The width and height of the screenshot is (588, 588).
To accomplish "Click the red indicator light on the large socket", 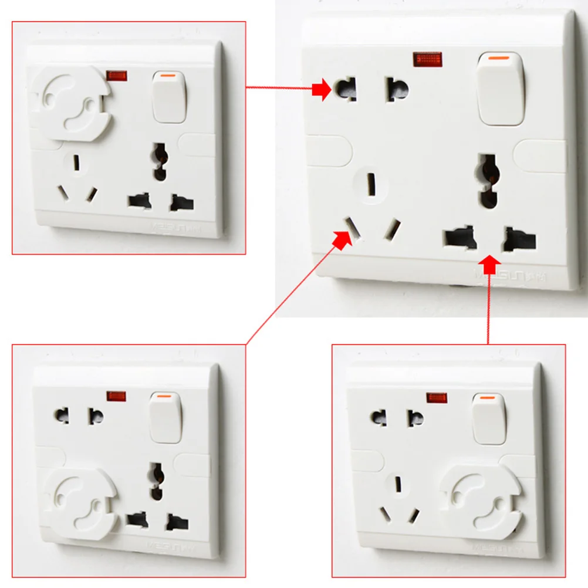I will pyautogui.click(x=428, y=59).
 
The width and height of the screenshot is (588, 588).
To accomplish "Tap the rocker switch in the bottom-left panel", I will pyautogui.click(x=165, y=417).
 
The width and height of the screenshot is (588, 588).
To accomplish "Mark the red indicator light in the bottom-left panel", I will pyautogui.click(x=116, y=396).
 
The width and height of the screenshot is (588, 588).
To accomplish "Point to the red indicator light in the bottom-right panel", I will pyautogui.click(x=437, y=398).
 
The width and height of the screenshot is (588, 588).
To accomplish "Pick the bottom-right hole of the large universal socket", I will pyautogui.click(x=521, y=239).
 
